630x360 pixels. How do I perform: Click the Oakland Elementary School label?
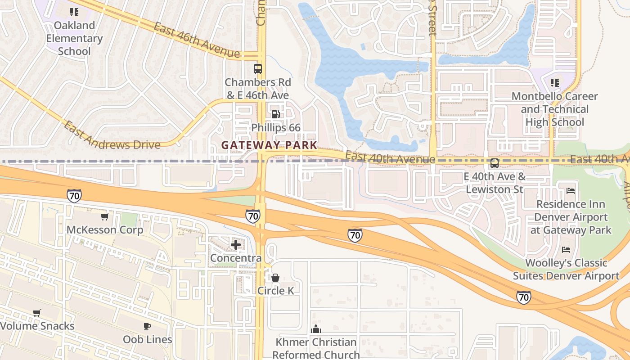[74, 38]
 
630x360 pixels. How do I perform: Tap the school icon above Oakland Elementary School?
[74, 12]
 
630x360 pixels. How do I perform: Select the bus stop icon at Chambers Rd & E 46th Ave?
[257, 69]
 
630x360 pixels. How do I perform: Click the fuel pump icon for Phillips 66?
[276, 114]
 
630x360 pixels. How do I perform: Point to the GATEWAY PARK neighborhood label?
[270, 145]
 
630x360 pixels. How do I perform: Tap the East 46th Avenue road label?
[196, 40]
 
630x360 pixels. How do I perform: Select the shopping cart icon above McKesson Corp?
[105, 217]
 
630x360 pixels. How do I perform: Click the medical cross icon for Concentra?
[235, 245]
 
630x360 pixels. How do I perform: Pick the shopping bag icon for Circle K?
[275, 278]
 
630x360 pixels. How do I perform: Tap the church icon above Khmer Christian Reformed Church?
[316, 329]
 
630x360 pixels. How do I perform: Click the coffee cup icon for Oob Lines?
[147, 326]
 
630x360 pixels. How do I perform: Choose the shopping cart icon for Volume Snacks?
[37, 313]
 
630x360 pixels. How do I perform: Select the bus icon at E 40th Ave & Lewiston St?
[494, 163]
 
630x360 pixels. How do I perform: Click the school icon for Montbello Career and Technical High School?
[555, 83]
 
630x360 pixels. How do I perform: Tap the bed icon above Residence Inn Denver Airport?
[571, 191]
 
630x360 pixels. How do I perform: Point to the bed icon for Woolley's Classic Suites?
[566, 249]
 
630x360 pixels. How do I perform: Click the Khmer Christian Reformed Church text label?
[316, 348]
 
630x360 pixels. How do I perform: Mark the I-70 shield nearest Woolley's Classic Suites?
[523, 297]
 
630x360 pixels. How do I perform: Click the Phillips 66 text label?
[276, 128]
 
